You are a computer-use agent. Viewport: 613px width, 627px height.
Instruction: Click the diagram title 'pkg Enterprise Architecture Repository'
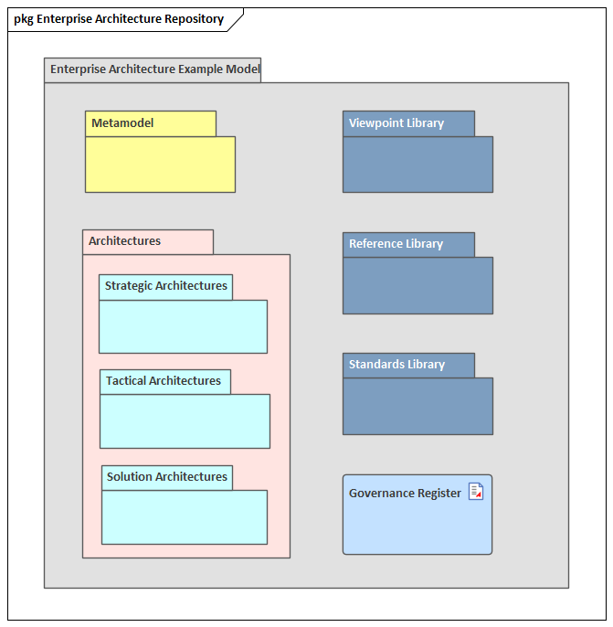[x=119, y=19]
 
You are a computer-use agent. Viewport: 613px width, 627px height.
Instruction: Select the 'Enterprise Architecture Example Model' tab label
[x=153, y=69]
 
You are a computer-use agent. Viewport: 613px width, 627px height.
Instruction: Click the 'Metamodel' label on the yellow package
[x=122, y=123]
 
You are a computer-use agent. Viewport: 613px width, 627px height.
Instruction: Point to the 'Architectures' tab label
[x=124, y=241]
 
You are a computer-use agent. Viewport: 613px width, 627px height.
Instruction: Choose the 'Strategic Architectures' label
[x=165, y=286]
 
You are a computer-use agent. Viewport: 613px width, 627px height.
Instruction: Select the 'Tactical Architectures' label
[x=164, y=381]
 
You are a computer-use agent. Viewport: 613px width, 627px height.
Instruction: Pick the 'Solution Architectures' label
[x=166, y=477]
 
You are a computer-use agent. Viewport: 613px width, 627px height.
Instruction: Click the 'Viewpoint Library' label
[x=396, y=123]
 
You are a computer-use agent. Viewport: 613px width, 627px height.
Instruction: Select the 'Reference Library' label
[x=396, y=244]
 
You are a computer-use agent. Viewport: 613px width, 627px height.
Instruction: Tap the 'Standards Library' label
[x=396, y=365]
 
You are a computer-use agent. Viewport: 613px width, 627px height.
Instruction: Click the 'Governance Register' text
[x=405, y=494]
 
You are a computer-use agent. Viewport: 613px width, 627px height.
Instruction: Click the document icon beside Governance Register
[x=476, y=492]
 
